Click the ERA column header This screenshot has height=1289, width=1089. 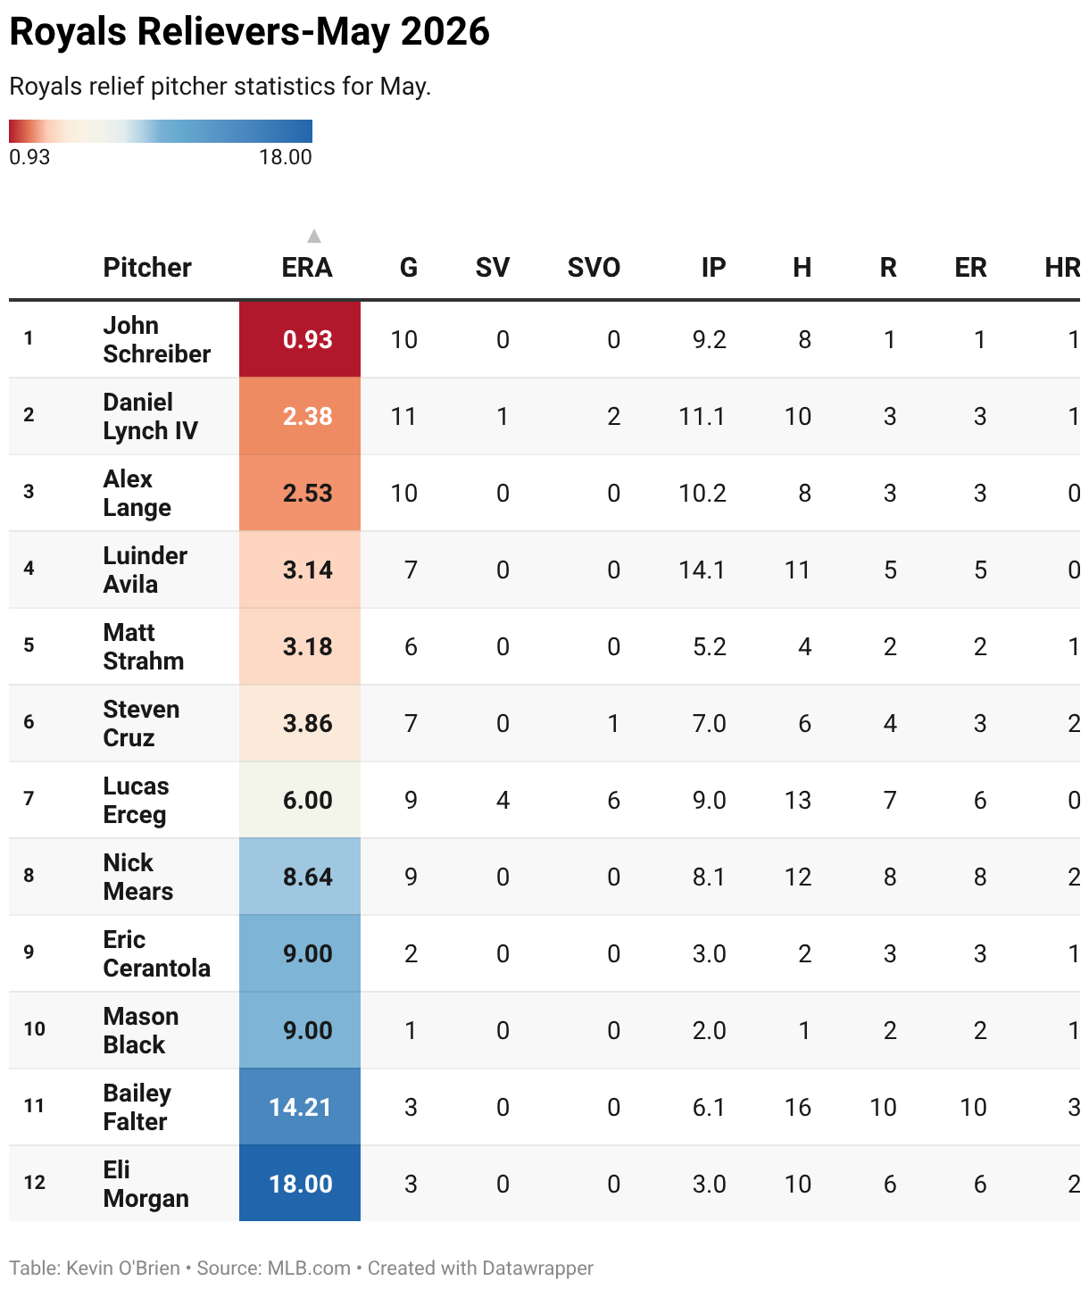click(307, 268)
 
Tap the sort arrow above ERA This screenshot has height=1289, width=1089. click(313, 235)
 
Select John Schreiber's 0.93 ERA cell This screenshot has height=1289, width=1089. click(299, 339)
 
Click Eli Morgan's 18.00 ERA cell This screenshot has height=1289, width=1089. click(299, 1184)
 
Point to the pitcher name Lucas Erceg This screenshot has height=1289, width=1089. click(135, 800)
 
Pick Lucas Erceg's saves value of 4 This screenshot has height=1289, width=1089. click(503, 800)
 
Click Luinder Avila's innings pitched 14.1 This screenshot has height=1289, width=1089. click(702, 570)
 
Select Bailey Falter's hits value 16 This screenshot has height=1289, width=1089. click(798, 1107)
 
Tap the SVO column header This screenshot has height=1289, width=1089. click(594, 268)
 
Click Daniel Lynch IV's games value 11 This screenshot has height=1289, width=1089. click(403, 416)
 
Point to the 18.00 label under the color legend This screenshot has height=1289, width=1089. click(286, 157)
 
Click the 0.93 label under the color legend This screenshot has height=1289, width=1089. click(29, 157)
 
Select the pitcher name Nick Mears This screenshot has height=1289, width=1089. click(138, 877)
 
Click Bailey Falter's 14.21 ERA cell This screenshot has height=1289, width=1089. click(299, 1107)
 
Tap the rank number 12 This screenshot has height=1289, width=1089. click(35, 1182)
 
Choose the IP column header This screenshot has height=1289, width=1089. click(713, 268)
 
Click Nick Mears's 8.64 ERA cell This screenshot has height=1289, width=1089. click(299, 877)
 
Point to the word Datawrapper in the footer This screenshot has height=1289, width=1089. click(537, 1268)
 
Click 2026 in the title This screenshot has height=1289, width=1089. click(445, 31)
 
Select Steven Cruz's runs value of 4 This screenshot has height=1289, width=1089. click(890, 724)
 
